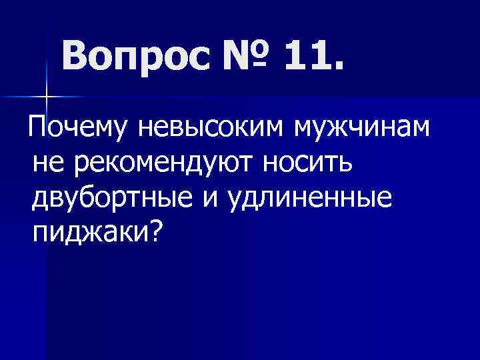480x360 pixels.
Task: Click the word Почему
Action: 78,128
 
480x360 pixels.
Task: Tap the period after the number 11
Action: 341,69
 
